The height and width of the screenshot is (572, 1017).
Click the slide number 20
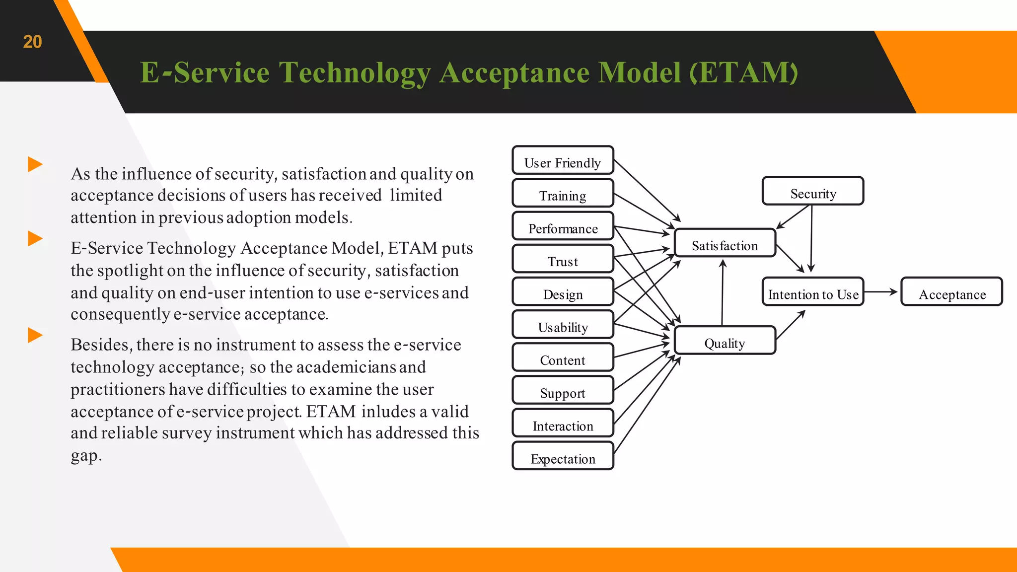coord(32,42)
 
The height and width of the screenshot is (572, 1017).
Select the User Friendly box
coord(563,160)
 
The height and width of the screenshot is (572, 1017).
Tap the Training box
coord(563,193)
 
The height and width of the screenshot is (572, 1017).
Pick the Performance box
coord(563,226)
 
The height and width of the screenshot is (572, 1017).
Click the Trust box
coord(563,259)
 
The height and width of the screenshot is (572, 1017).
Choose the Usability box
coord(563,325)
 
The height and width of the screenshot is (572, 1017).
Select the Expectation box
coord(563,456)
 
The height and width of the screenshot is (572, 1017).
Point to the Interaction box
coord(563,423)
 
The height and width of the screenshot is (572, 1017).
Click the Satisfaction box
coord(725,243)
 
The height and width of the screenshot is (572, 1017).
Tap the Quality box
coord(725,341)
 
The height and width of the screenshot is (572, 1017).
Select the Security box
coord(813,191)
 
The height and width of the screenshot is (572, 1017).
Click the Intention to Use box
coord(813,292)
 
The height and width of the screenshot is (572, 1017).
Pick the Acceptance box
coord(951,292)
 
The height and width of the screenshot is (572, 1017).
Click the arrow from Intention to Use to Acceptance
coord(881,292)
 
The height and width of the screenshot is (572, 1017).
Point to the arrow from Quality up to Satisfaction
coord(723,293)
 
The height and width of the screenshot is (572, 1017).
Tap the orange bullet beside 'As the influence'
coord(35,164)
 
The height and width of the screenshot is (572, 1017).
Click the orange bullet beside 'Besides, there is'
coord(35,335)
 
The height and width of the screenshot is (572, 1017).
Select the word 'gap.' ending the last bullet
coord(86,456)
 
